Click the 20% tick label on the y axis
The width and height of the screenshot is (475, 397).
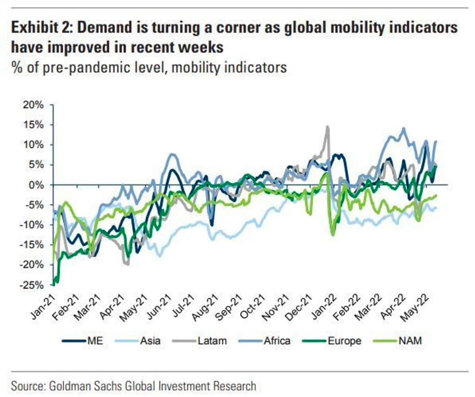(x=33, y=105)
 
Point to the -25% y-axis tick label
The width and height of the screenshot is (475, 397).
(x=32, y=285)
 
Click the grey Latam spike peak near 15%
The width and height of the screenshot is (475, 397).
(x=327, y=126)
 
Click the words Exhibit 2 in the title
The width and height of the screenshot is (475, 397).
(x=39, y=28)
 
